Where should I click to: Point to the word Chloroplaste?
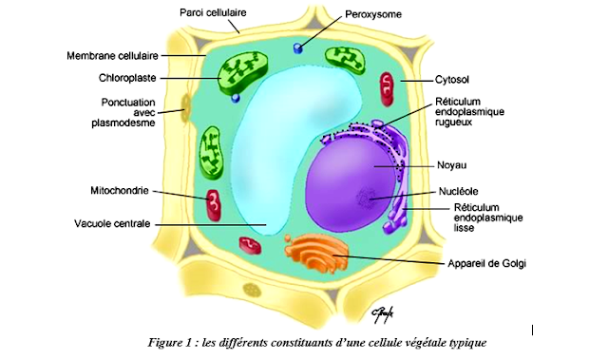click(x=127, y=78)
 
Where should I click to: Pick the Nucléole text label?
click(x=460, y=190)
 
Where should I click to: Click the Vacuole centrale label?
click(x=113, y=224)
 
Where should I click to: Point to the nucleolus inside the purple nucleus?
click(x=366, y=199)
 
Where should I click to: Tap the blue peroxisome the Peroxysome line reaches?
click(x=298, y=47)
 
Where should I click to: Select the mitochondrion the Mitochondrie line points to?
click(x=215, y=202)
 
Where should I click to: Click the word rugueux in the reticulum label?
click(x=458, y=122)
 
